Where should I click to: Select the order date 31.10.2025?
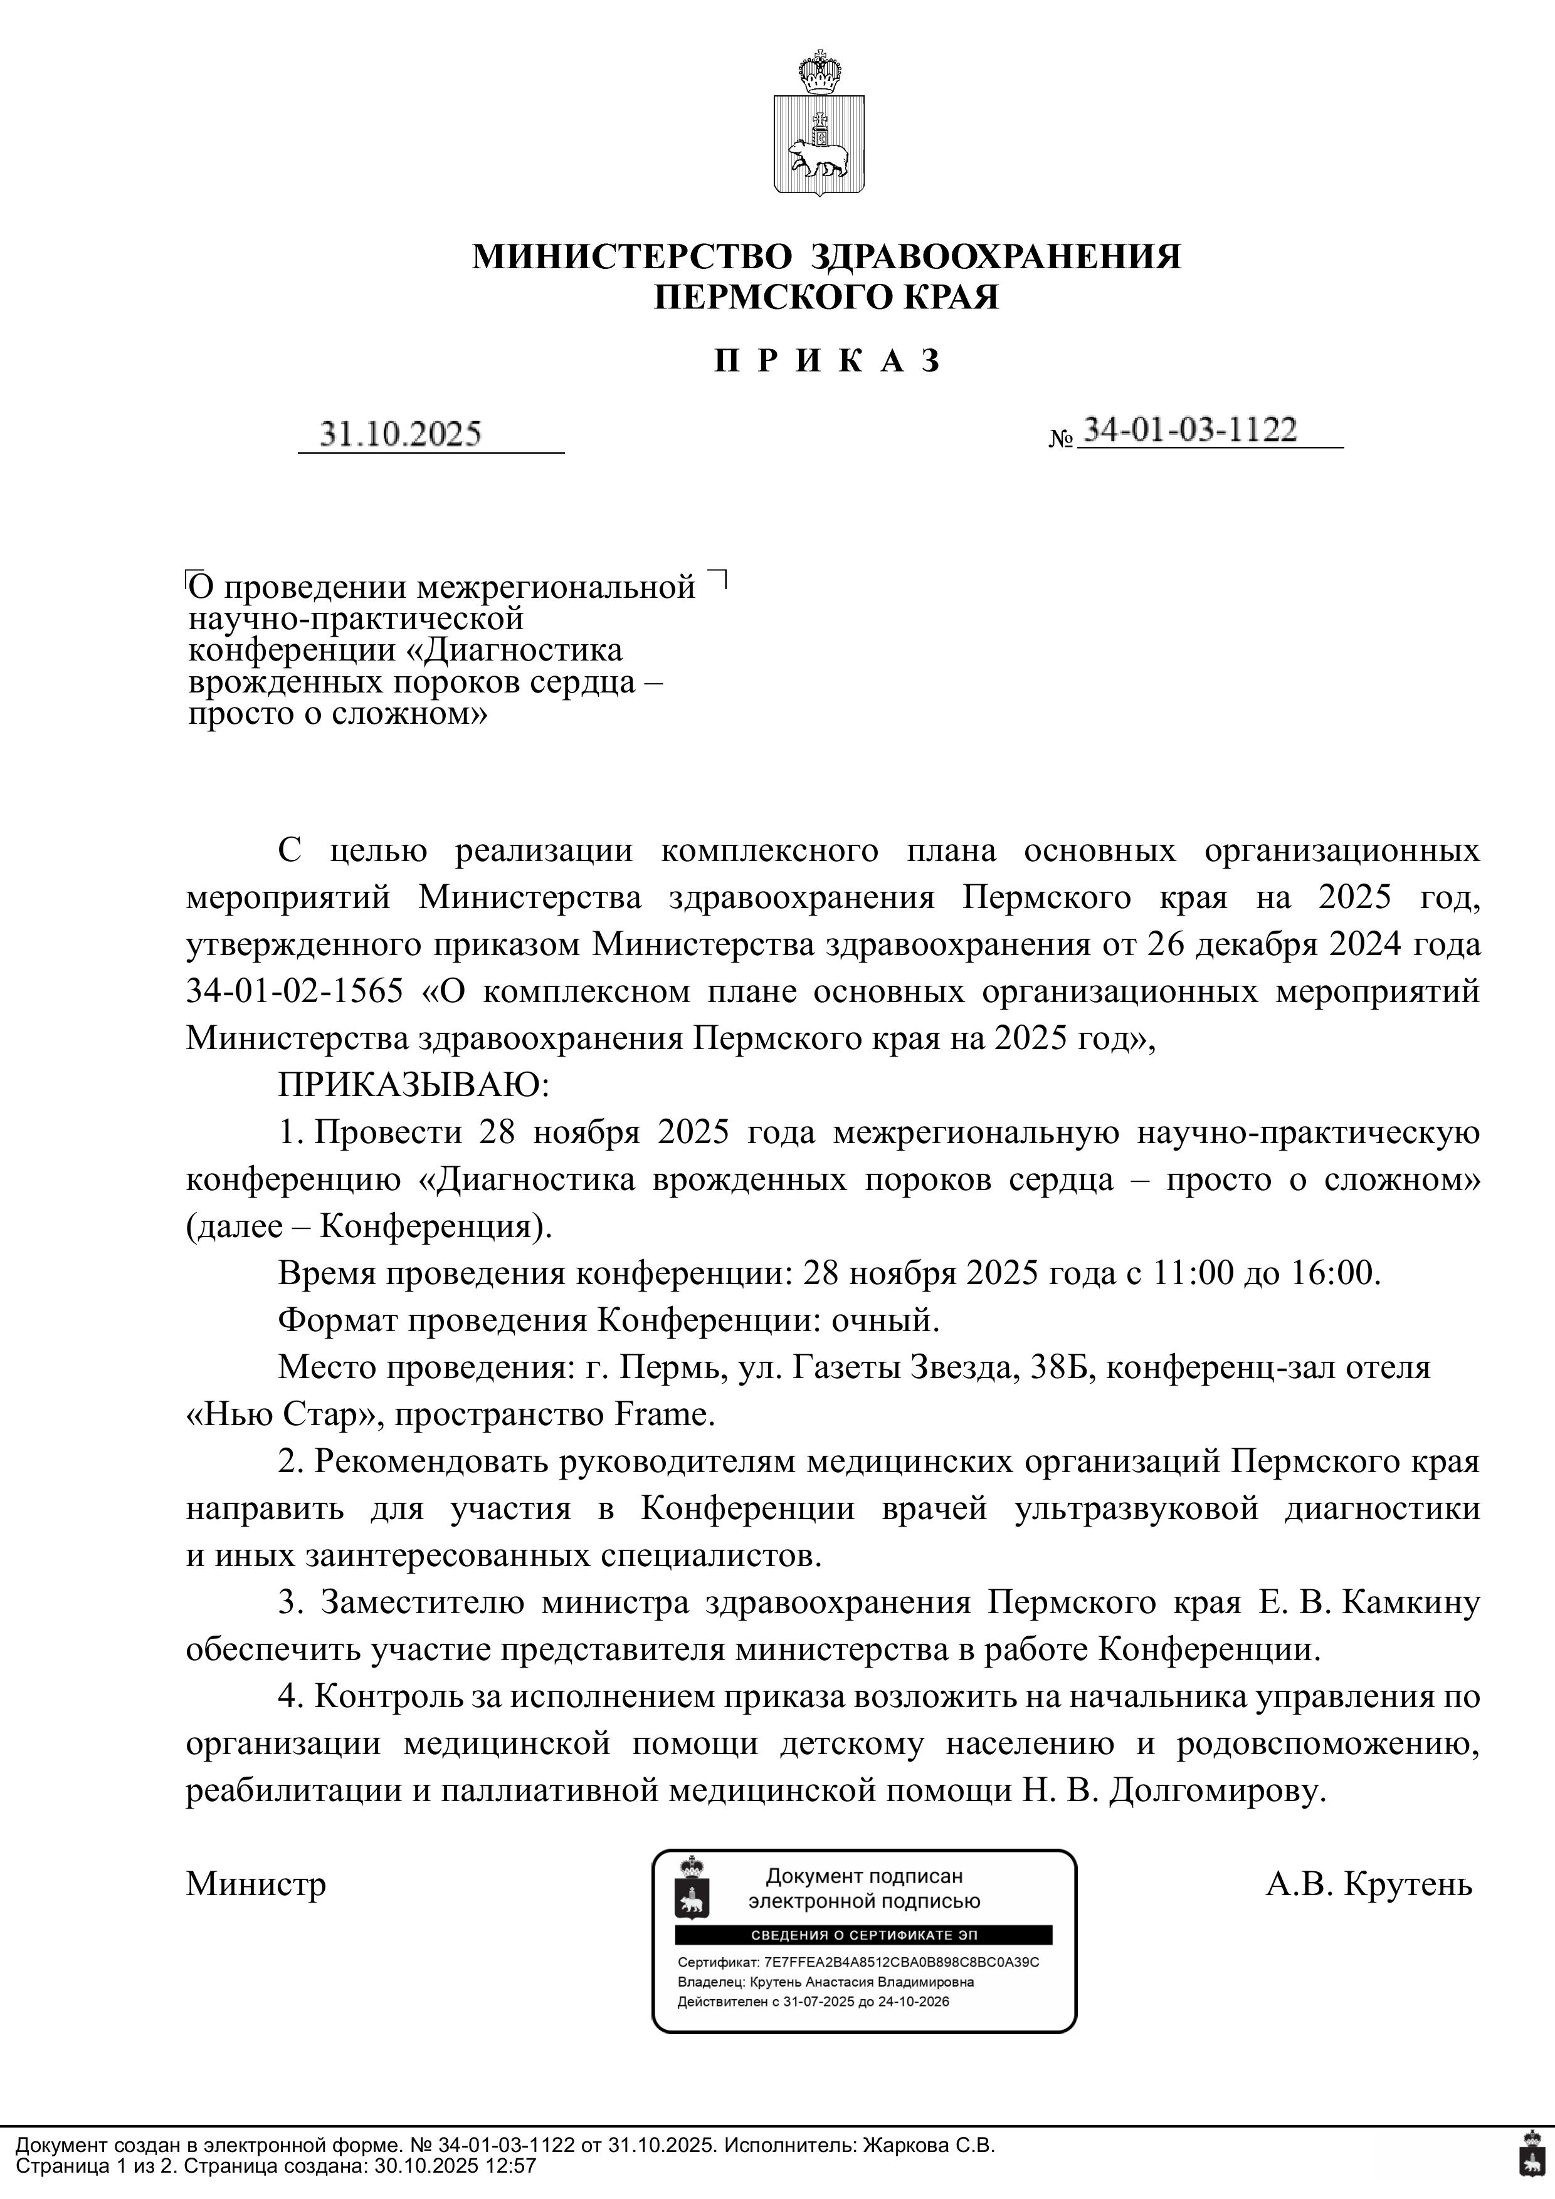point(401,434)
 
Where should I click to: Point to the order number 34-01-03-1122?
point(1189,430)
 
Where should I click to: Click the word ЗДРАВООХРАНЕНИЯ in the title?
point(996,257)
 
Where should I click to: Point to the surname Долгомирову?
point(1217,1790)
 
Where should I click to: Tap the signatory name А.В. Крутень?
point(1368,1884)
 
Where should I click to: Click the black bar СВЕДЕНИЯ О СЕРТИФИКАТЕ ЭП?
point(864,1936)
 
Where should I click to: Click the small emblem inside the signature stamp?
point(689,1887)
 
